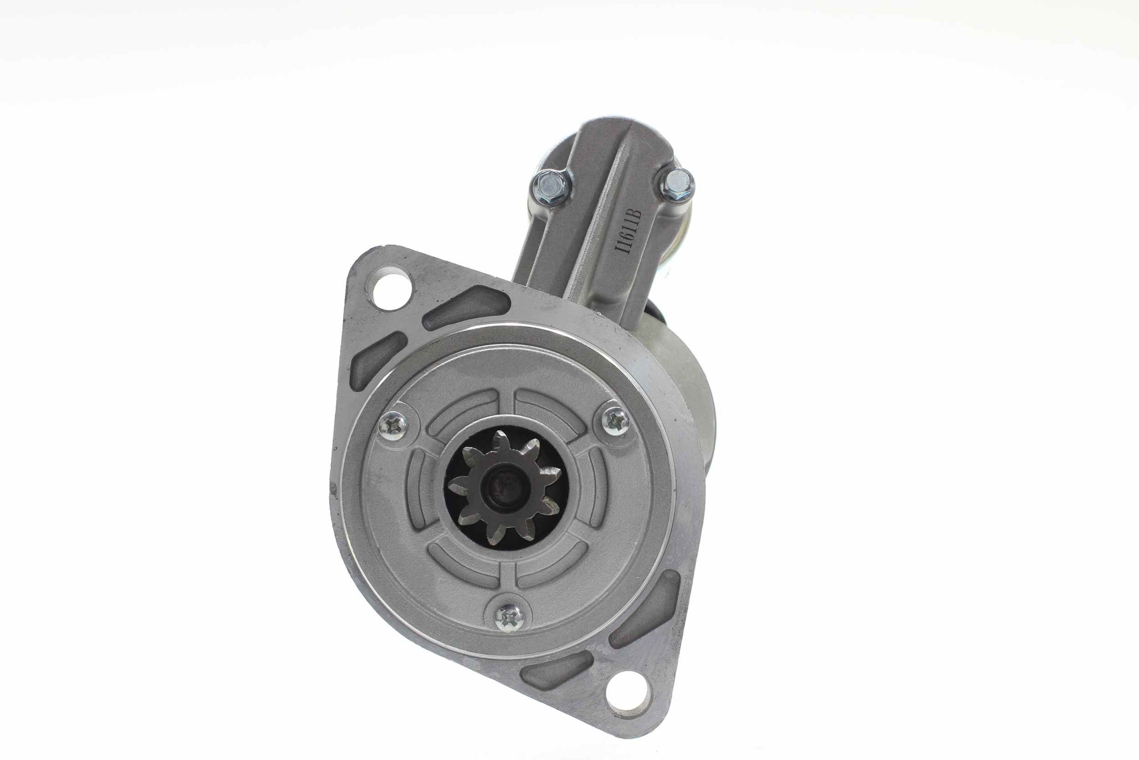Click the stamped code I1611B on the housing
coord(628,231)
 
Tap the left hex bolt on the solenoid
coord(551,186)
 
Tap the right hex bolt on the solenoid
coord(677,185)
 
